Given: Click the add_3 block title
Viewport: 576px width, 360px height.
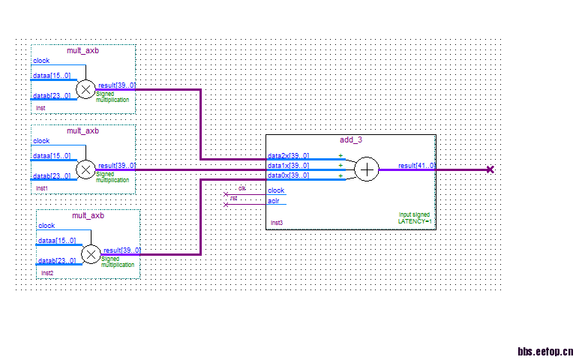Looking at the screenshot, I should [350, 140].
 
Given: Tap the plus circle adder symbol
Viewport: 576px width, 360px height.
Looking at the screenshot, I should [366, 170].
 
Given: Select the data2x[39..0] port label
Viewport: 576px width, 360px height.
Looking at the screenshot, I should [288, 157].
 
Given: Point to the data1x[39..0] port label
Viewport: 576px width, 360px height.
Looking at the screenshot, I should [288, 166].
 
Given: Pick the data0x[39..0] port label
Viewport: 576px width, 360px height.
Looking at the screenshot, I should [288, 175].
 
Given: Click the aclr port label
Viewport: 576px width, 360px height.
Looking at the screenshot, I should [274, 201].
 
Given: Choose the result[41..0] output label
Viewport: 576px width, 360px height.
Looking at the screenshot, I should [416, 166].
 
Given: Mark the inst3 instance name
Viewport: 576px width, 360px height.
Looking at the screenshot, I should [276, 223].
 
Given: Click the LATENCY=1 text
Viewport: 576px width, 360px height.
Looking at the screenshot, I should [415, 221].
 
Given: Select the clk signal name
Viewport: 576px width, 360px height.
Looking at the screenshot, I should [241, 187].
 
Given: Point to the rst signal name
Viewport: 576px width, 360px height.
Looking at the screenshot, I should [234, 198].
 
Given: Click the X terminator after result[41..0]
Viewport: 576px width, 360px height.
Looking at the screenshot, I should [490, 169].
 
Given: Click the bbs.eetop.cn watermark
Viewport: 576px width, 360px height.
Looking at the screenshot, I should [545, 350].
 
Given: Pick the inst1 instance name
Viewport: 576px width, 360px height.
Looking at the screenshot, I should [41, 187].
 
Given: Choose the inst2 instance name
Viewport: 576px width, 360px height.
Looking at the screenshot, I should [46, 273].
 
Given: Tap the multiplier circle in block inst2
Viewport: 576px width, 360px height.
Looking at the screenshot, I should [90, 255].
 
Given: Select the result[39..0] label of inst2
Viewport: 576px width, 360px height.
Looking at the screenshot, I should [121, 250].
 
